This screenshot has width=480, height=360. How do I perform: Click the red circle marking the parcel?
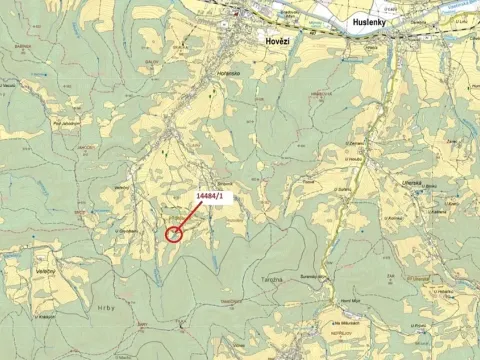point(174,235)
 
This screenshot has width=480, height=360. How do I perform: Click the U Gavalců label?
point(125,231)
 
